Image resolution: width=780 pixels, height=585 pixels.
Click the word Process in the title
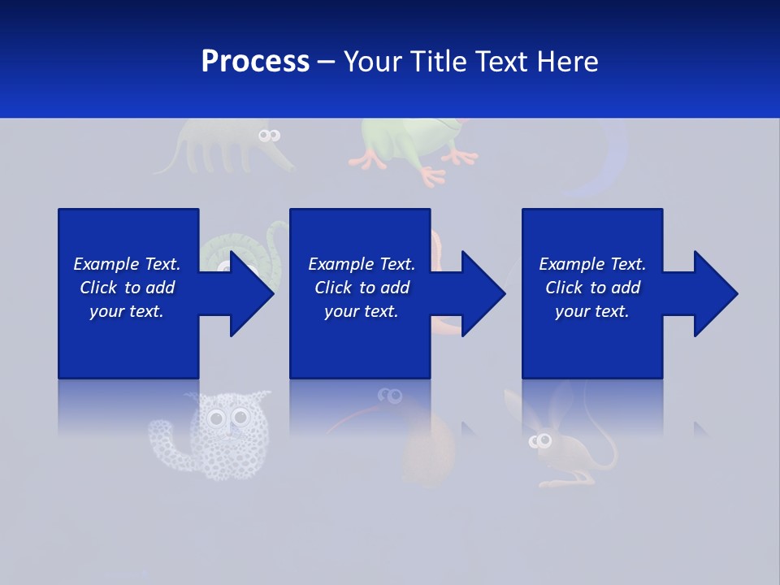[255, 61]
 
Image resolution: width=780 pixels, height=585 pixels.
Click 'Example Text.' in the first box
[127, 264]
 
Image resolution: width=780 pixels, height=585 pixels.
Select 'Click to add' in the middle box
[362, 288]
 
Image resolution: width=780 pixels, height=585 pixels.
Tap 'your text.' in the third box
[591, 311]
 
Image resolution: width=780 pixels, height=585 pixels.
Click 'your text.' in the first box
[127, 311]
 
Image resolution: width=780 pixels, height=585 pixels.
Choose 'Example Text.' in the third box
[592, 264]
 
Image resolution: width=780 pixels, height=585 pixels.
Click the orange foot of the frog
[431, 175]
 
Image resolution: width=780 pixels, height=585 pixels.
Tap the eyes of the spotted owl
[227, 418]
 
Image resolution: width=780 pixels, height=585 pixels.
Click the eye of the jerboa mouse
[540, 441]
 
